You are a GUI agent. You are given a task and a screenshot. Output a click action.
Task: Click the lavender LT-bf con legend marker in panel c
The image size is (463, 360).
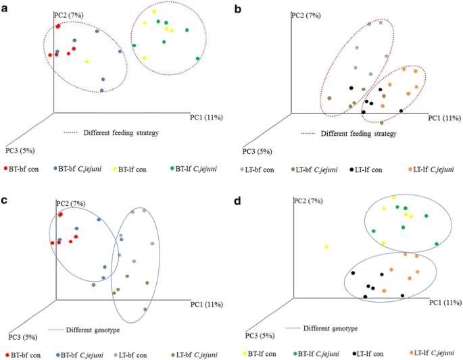coord(117,353)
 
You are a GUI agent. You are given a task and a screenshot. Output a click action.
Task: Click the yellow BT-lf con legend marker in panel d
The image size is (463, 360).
coord(244,353)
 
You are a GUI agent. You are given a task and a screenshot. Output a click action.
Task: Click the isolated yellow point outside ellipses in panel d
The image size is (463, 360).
coord(326,247)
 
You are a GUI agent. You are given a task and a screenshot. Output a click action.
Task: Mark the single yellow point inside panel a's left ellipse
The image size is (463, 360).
coord(87,61)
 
